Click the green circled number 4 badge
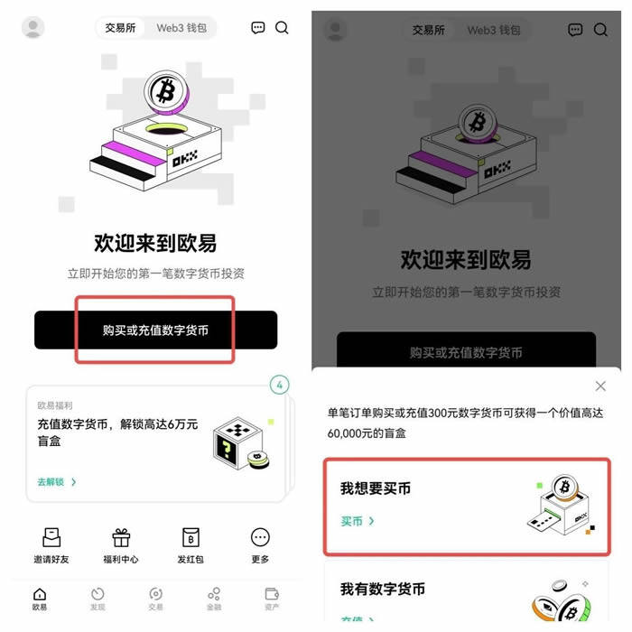click(280, 386)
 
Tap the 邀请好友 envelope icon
click(51, 538)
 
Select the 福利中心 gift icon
click(121, 538)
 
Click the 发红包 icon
click(191, 538)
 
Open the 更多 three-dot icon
click(260, 538)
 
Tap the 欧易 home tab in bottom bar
click(40, 599)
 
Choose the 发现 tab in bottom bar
click(98, 599)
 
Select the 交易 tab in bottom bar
click(156, 599)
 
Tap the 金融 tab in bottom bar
click(214, 599)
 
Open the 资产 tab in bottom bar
click(272, 599)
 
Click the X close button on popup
click(600, 386)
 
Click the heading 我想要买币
click(376, 488)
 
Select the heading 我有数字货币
click(383, 590)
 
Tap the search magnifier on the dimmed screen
click(600, 30)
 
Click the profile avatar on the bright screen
click(33, 28)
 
